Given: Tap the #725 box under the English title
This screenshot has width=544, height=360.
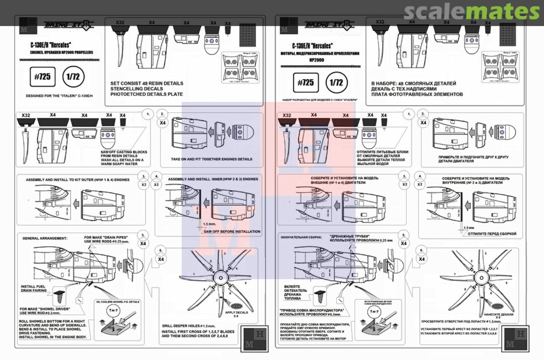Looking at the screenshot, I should coord(43,77).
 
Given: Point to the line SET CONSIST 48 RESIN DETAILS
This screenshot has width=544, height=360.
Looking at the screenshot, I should coord(147,83).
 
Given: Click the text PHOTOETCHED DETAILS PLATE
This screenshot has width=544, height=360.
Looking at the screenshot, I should coord(146,94).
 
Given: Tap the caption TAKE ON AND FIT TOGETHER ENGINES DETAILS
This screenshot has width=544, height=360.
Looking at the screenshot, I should coord(212,159).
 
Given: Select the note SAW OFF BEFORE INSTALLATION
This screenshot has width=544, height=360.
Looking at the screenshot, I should coord(232,232).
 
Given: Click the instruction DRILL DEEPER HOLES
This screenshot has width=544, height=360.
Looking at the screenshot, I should coord(184,326).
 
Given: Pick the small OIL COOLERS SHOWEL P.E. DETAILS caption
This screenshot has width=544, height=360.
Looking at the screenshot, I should coord(117,302).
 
